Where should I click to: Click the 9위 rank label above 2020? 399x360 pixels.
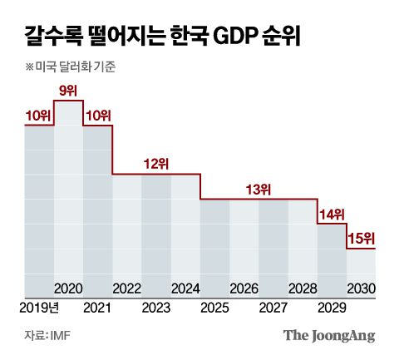(x=68, y=90)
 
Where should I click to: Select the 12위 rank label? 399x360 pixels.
(x=155, y=164)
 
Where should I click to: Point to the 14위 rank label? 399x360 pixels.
(x=332, y=215)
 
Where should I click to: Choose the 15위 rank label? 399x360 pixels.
(x=361, y=239)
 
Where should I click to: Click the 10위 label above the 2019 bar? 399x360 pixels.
(x=37, y=115)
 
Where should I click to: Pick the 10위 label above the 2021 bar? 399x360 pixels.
(x=97, y=115)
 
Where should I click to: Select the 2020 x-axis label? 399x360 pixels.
(x=68, y=288)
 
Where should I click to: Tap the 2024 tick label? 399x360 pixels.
(x=185, y=288)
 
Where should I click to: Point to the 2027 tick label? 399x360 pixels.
(x=273, y=308)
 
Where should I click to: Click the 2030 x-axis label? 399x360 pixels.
(x=362, y=288)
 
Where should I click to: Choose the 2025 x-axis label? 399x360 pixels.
(x=214, y=308)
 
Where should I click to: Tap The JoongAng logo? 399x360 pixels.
(x=329, y=336)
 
